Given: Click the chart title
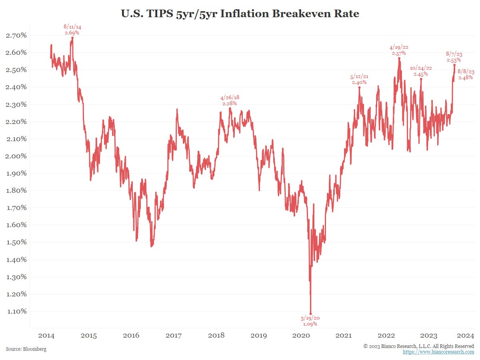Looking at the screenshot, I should click(x=240, y=14).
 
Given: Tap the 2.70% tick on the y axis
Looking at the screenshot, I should click(x=16, y=35).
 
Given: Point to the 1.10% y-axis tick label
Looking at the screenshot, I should click(x=16, y=311).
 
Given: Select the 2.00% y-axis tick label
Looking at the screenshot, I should click(x=16, y=156).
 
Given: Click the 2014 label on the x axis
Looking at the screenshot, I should click(x=46, y=335).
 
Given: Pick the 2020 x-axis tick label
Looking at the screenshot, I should click(x=302, y=335).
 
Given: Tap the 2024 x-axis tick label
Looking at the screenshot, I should click(x=466, y=335).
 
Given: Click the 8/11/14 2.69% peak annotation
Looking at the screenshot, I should click(x=72, y=30).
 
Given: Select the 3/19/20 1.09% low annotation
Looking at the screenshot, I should click(x=310, y=321).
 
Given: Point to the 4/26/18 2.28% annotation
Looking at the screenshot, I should click(x=230, y=100).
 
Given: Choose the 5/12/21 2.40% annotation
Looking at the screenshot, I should click(x=359, y=80).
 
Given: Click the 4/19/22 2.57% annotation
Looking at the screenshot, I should click(x=399, y=50).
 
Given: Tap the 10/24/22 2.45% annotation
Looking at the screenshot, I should click(x=421, y=71).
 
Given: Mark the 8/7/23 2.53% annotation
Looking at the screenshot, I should click(x=454, y=57).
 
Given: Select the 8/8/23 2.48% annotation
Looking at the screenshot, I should click(x=466, y=74).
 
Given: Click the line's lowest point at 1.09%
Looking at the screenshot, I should click(x=310, y=314).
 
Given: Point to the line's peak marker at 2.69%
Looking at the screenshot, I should click(x=72, y=38).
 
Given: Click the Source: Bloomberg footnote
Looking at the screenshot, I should click(x=26, y=349).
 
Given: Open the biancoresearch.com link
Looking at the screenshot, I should click(x=438, y=352).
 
